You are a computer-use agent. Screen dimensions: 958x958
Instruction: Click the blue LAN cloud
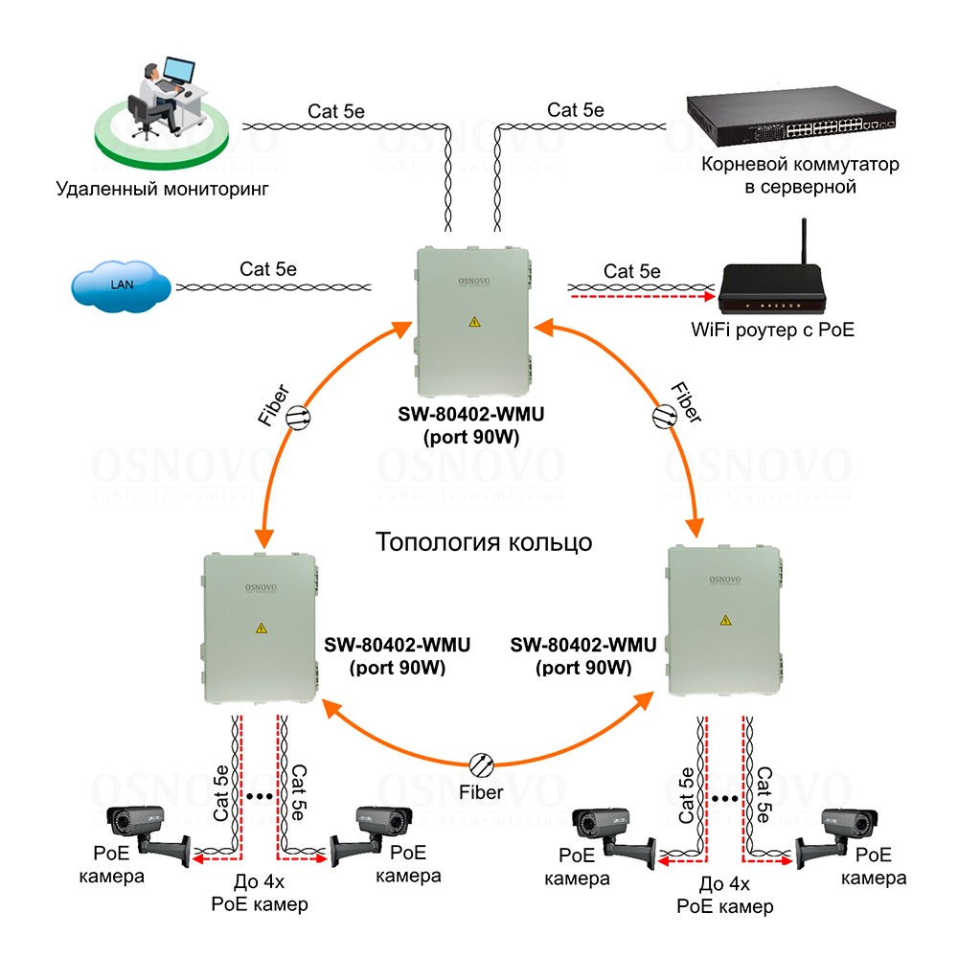pos(121,285)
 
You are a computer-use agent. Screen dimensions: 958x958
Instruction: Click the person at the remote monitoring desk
pos(153,96)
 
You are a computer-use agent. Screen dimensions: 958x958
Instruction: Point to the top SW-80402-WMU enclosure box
pos(473,313)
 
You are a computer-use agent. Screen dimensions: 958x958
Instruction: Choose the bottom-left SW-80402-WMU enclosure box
pos(260,630)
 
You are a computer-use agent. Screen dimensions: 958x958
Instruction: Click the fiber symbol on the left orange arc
pos(298,416)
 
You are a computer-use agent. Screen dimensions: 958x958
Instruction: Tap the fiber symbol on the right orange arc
pos(664,416)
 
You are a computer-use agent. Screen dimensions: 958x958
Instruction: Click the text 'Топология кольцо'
pos(484,541)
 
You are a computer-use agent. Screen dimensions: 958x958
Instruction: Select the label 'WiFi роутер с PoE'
pos(772,331)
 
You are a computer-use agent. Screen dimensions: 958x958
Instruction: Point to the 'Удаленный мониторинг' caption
pos(162,188)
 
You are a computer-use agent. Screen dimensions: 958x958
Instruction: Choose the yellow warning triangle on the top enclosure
pos(473,322)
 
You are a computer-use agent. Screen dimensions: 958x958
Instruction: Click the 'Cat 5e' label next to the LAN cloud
pos(268,269)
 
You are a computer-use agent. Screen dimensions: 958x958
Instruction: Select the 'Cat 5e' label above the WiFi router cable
pos(631,271)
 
